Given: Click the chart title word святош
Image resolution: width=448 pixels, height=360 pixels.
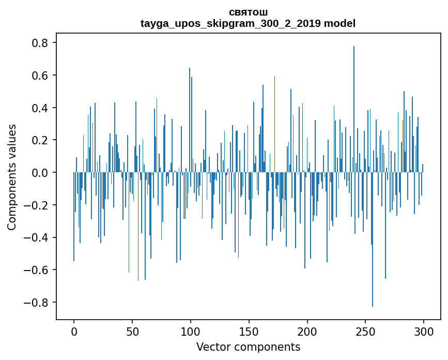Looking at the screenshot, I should (248, 12).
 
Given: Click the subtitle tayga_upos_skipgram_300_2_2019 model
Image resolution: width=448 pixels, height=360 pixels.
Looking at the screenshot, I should (248, 23).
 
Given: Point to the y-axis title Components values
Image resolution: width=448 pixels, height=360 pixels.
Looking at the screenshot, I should (11, 177).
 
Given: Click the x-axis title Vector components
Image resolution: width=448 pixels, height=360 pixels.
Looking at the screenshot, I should (248, 347).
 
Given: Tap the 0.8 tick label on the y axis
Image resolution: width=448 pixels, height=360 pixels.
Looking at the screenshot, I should (40, 43).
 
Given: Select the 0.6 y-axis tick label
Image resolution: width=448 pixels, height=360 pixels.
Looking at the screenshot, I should (40, 76).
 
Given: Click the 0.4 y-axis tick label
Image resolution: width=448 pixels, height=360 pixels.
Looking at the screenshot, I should (40, 108).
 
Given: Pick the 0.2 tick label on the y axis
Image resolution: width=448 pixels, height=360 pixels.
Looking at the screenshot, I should (40, 140).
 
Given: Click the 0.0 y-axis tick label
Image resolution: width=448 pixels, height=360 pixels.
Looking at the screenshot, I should (40, 173).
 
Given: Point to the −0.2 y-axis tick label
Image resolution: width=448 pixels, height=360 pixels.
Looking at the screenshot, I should (37, 205).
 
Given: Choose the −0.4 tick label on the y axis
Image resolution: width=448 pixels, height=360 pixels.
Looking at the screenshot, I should (37, 237).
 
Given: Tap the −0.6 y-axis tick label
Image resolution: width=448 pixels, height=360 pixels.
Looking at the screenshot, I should (37, 270).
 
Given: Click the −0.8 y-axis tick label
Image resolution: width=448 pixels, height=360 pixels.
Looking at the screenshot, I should (37, 303).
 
